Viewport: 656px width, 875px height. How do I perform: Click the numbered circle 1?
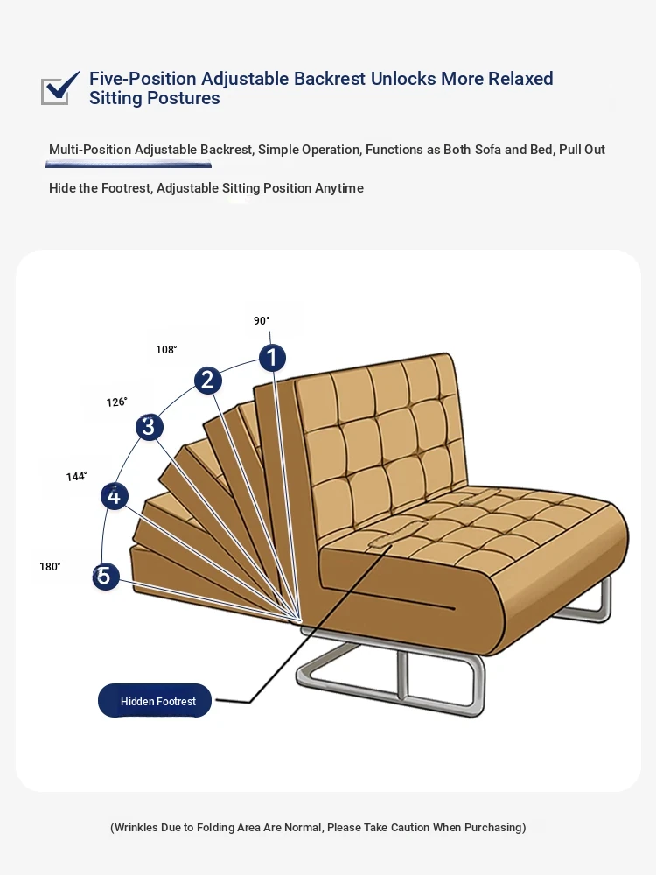click(x=272, y=358)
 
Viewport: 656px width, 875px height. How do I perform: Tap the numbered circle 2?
click(x=208, y=381)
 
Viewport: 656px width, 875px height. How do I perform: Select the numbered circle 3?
click(x=149, y=427)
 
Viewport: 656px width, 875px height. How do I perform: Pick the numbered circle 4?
click(x=115, y=496)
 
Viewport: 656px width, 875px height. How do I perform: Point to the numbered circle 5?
click(x=106, y=577)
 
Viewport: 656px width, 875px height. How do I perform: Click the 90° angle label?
click(x=262, y=321)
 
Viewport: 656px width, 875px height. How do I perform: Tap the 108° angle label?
click(x=166, y=350)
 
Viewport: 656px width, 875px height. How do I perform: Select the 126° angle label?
click(x=116, y=402)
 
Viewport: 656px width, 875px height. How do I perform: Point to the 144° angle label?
click(x=76, y=477)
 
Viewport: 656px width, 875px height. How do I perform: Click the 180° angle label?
click(x=50, y=567)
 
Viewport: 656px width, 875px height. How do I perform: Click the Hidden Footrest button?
click(x=155, y=700)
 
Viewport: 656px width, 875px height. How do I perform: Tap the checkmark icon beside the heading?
click(x=60, y=87)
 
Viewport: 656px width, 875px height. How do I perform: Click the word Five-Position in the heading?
click(x=143, y=79)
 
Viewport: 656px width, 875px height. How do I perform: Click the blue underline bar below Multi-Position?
click(x=129, y=164)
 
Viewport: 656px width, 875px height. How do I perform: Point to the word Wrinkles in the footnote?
click(x=136, y=827)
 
